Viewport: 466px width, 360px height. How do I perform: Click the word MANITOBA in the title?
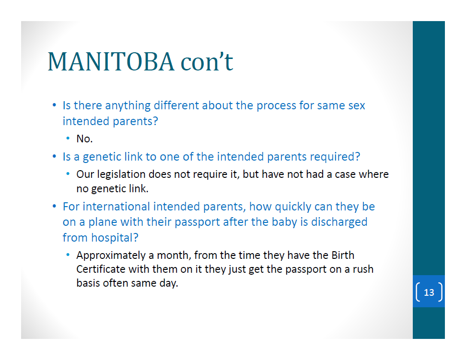[x=111, y=62]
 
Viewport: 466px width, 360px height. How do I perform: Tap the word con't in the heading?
[x=207, y=62]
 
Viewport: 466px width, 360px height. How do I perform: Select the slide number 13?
[x=429, y=292]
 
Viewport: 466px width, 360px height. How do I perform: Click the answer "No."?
[x=85, y=139]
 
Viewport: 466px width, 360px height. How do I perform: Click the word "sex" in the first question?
[x=357, y=106]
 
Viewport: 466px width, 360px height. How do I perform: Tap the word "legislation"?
[x=121, y=174]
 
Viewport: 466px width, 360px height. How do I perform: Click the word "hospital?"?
[x=115, y=238]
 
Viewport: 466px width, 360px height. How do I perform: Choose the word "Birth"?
[x=343, y=255]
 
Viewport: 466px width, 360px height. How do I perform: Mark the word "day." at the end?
[x=168, y=283]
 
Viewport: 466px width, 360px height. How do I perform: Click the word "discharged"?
[x=339, y=222]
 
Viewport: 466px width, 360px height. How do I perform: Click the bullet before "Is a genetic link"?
[x=54, y=157]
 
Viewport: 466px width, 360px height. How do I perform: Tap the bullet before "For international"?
[x=54, y=206]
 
